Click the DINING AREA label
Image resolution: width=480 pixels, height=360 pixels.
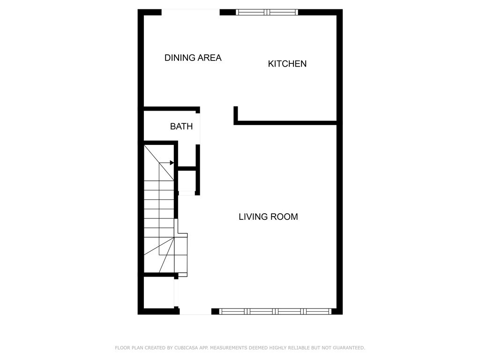click(193, 58)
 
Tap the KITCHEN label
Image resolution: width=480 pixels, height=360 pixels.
click(287, 64)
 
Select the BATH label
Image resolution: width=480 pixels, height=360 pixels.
click(181, 126)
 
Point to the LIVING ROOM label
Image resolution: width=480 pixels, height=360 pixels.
click(268, 217)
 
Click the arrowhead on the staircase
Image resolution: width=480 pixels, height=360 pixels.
click(172, 163)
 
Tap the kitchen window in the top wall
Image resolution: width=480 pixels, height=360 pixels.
click(267, 12)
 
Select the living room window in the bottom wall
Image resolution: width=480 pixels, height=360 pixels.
click(275, 311)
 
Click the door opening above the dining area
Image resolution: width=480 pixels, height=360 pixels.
click(191, 12)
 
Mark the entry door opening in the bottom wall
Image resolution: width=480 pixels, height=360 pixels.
click(195, 311)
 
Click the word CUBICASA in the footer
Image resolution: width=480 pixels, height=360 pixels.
click(187, 348)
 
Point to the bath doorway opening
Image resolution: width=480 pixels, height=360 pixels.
click(198, 129)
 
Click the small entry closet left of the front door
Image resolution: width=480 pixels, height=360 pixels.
click(159, 293)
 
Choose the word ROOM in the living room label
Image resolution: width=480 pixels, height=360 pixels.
click(286, 217)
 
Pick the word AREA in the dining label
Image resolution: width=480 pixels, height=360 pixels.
click(210, 58)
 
